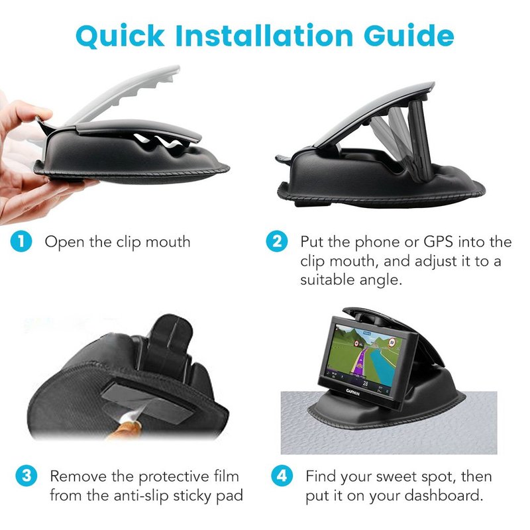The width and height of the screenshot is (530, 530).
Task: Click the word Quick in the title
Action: [120, 36]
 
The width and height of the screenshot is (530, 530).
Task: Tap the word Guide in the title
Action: [409, 35]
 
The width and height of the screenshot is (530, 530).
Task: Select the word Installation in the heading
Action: [264, 35]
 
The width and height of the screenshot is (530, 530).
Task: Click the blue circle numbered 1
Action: [21, 242]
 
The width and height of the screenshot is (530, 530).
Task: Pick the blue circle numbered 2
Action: [277, 242]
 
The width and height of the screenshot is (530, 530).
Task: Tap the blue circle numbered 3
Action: [26, 476]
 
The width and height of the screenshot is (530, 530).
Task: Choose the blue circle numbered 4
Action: [282, 476]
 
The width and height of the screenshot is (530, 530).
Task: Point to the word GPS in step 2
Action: [439, 242]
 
